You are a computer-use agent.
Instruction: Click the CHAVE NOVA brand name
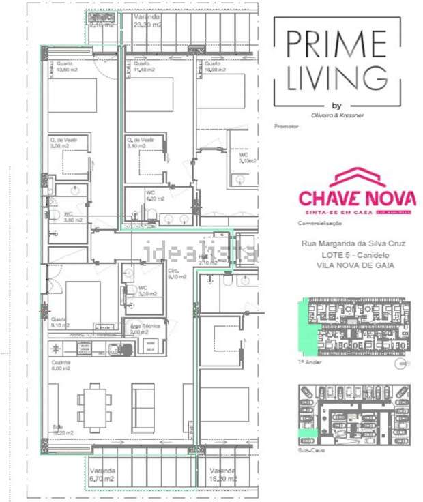tap(357, 198)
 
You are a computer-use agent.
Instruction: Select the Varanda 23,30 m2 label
tap(147, 20)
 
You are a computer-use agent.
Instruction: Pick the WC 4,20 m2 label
tap(155, 196)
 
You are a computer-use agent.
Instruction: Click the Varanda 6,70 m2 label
tap(102, 475)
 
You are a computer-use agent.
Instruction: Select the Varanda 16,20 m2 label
tap(223, 475)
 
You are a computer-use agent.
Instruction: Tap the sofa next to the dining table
tap(143, 408)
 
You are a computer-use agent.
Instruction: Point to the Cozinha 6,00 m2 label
tap(61, 366)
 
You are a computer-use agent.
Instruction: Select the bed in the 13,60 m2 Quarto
tap(72, 95)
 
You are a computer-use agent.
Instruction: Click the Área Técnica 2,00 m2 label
tap(145, 329)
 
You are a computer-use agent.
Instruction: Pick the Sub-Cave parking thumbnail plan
tap(355, 415)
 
